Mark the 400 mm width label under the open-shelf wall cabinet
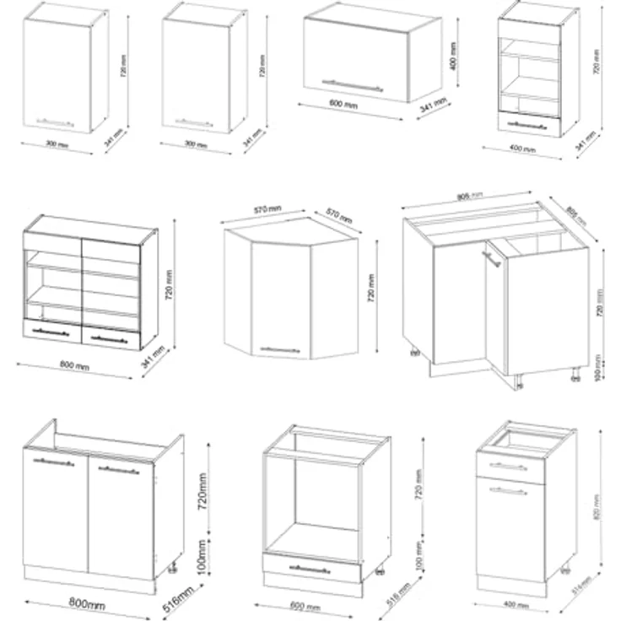pos(523,149)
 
